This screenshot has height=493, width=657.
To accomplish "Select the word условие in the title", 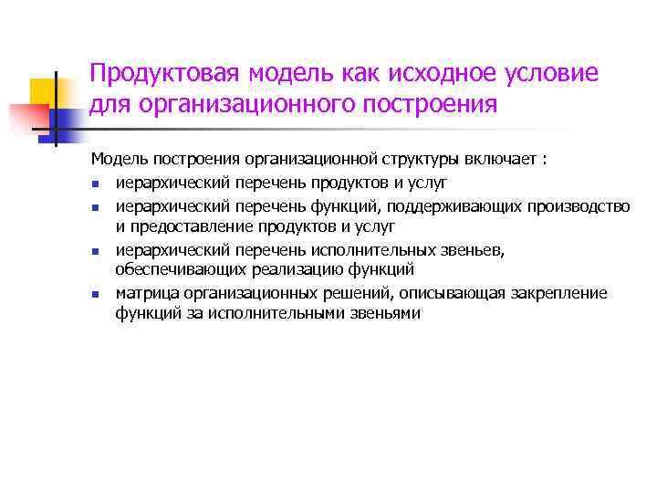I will click(x=558, y=73).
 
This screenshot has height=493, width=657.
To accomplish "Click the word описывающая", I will click(x=449, y=293).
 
